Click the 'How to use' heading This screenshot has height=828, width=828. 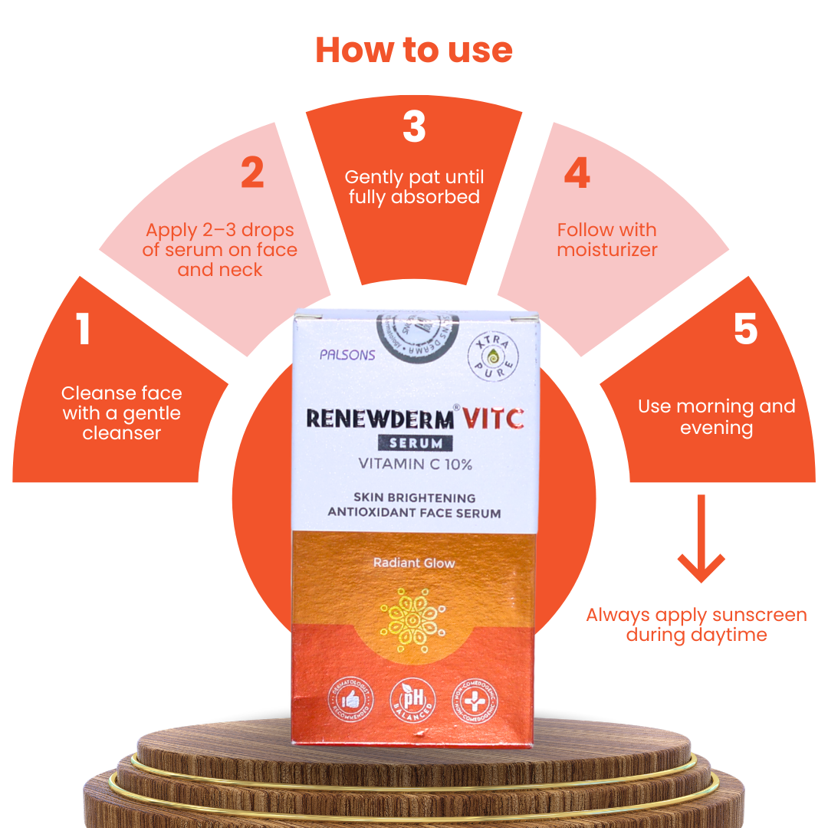(414, 50)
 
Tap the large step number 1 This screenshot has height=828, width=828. (84, 330)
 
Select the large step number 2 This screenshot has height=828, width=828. (252, 174)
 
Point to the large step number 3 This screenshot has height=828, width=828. (414, 127)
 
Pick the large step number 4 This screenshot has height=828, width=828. (577, 174)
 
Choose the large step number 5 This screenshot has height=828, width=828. (745, 330)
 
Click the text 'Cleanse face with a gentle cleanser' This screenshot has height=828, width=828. (122, 413)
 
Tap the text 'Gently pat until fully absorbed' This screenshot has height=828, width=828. (414, 187)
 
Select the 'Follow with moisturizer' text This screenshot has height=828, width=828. (606, 240)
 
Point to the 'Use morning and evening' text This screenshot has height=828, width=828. (716, 416)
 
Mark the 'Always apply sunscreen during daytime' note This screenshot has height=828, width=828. (696, 625)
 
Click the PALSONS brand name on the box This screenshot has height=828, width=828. (348, 355)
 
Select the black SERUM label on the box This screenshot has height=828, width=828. (415, 443)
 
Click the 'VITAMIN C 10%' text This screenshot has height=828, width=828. (416, 464)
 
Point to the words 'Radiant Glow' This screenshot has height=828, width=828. (414, 563)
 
